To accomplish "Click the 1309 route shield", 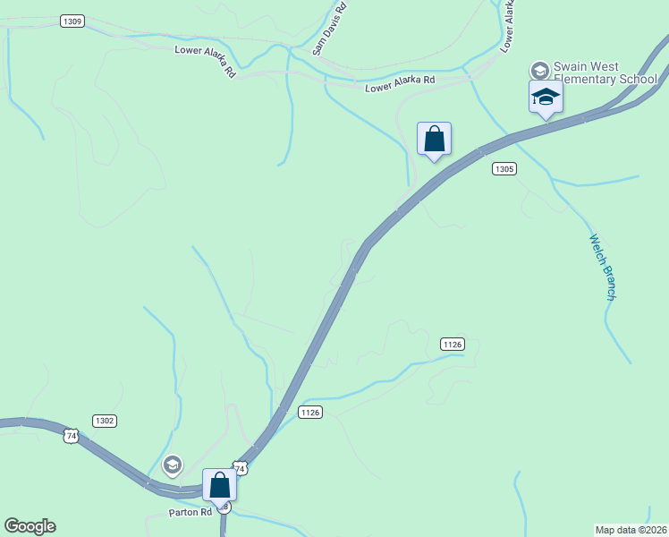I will (72, 21).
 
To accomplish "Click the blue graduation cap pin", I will (545, 98).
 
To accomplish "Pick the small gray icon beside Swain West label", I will (539, 69).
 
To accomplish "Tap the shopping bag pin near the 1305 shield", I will (434, 140).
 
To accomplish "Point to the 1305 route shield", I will (504, 168).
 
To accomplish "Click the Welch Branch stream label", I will (603, 267).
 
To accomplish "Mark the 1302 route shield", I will (105, 420).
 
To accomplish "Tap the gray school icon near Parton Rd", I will (172, 465).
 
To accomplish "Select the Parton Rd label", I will (190, 513).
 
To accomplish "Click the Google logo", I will (30, 526).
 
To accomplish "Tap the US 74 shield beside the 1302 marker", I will (71, 436).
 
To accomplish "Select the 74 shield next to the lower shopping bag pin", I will (239, 467).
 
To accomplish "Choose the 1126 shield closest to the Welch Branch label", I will (453, 344).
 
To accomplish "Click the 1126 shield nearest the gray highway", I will (309, 412).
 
